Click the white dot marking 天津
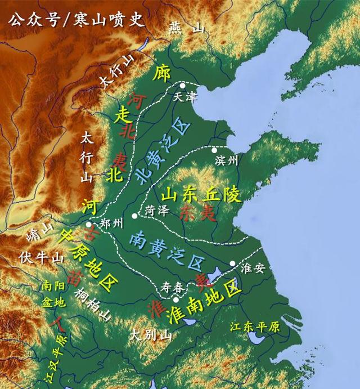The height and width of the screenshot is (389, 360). click(x=182, y=86)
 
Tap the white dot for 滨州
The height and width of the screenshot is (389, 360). click(x=214, y=150)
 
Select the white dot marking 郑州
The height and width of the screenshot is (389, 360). click(x=88, y=224)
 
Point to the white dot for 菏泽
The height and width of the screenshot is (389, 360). click(x=134, y=216)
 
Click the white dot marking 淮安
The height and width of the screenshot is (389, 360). click(x=232, y=263)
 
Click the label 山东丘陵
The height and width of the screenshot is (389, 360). click(x=201, y=194)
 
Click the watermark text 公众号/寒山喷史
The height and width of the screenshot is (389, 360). click(x=76, y=18)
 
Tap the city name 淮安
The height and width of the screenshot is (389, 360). click(x=252, y=268)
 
